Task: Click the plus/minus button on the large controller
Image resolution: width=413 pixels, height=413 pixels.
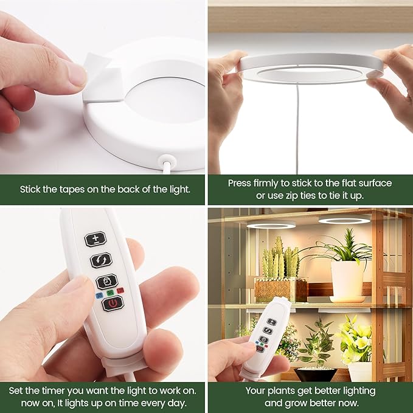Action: (95, 239)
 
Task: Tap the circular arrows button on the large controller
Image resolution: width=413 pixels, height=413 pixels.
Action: (101, 260)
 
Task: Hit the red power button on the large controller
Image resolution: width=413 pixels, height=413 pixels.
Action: (113, 304)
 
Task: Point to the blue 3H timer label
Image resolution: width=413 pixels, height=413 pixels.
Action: (99, 296)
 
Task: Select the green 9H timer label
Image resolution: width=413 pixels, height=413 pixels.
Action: (110, 293)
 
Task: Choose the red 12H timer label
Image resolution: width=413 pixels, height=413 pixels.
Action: (120, 291)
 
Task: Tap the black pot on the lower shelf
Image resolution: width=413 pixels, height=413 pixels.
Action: (315, 374)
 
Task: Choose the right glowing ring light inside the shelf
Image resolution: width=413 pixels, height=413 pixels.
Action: (344, 220)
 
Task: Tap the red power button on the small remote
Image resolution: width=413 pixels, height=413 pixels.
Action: (260, 349)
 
